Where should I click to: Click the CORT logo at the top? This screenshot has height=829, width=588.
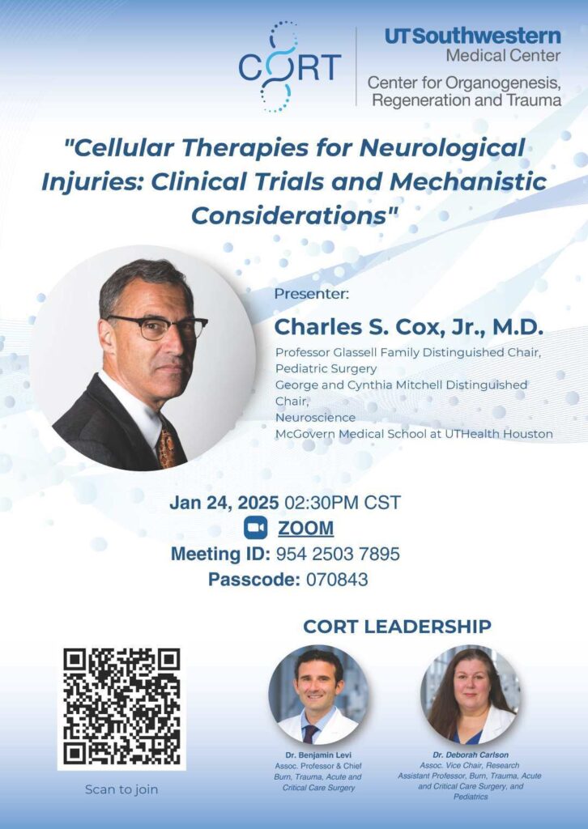[290, 67]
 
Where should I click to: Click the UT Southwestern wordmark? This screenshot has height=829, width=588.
[473, 36]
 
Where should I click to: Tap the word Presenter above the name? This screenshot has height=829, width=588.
[312, 295]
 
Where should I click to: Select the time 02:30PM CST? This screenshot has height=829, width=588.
[343, 503]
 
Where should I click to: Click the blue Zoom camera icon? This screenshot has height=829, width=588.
[255, 528]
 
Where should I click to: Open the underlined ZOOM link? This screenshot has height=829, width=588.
[305, 528]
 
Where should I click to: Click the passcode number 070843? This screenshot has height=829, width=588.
[337, 580]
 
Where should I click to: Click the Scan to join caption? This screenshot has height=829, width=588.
[121, 790]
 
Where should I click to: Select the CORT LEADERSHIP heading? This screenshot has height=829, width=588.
[397, 627]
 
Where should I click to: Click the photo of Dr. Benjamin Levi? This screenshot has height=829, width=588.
[319, 695]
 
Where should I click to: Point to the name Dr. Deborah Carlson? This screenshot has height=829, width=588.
[470, 755]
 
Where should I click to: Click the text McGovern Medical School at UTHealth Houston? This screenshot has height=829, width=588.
[414, 434]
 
